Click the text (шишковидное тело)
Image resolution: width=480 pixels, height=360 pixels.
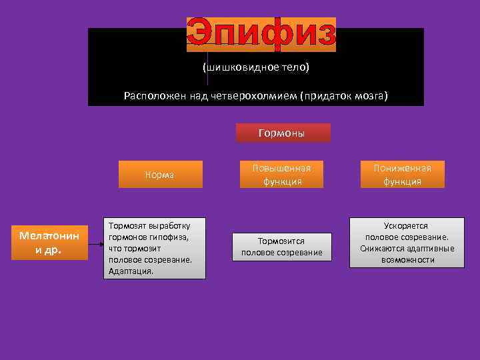[x=255, y=68]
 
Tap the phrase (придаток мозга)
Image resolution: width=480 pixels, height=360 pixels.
[x=344, y=95]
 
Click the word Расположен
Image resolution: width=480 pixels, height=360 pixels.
[x=146, y=95]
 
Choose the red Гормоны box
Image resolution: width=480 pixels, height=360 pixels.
[x=283, y=133]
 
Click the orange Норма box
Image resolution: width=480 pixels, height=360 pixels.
[x=160, y=175]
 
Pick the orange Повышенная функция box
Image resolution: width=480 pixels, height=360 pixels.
[x=281, y=174]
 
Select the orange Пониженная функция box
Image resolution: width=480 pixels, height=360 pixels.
[x=402, y=174]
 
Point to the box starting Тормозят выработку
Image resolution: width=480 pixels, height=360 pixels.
[x=153, y=248]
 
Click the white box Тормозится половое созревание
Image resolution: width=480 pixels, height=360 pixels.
[x=281, y=246]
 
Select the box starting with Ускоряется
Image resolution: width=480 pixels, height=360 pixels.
[x=407, y=243]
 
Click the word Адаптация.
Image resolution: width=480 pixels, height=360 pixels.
[x=131, y=271]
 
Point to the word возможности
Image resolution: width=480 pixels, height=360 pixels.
[x=407, y=260]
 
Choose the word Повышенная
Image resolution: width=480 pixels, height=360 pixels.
[x=281, y=168]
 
